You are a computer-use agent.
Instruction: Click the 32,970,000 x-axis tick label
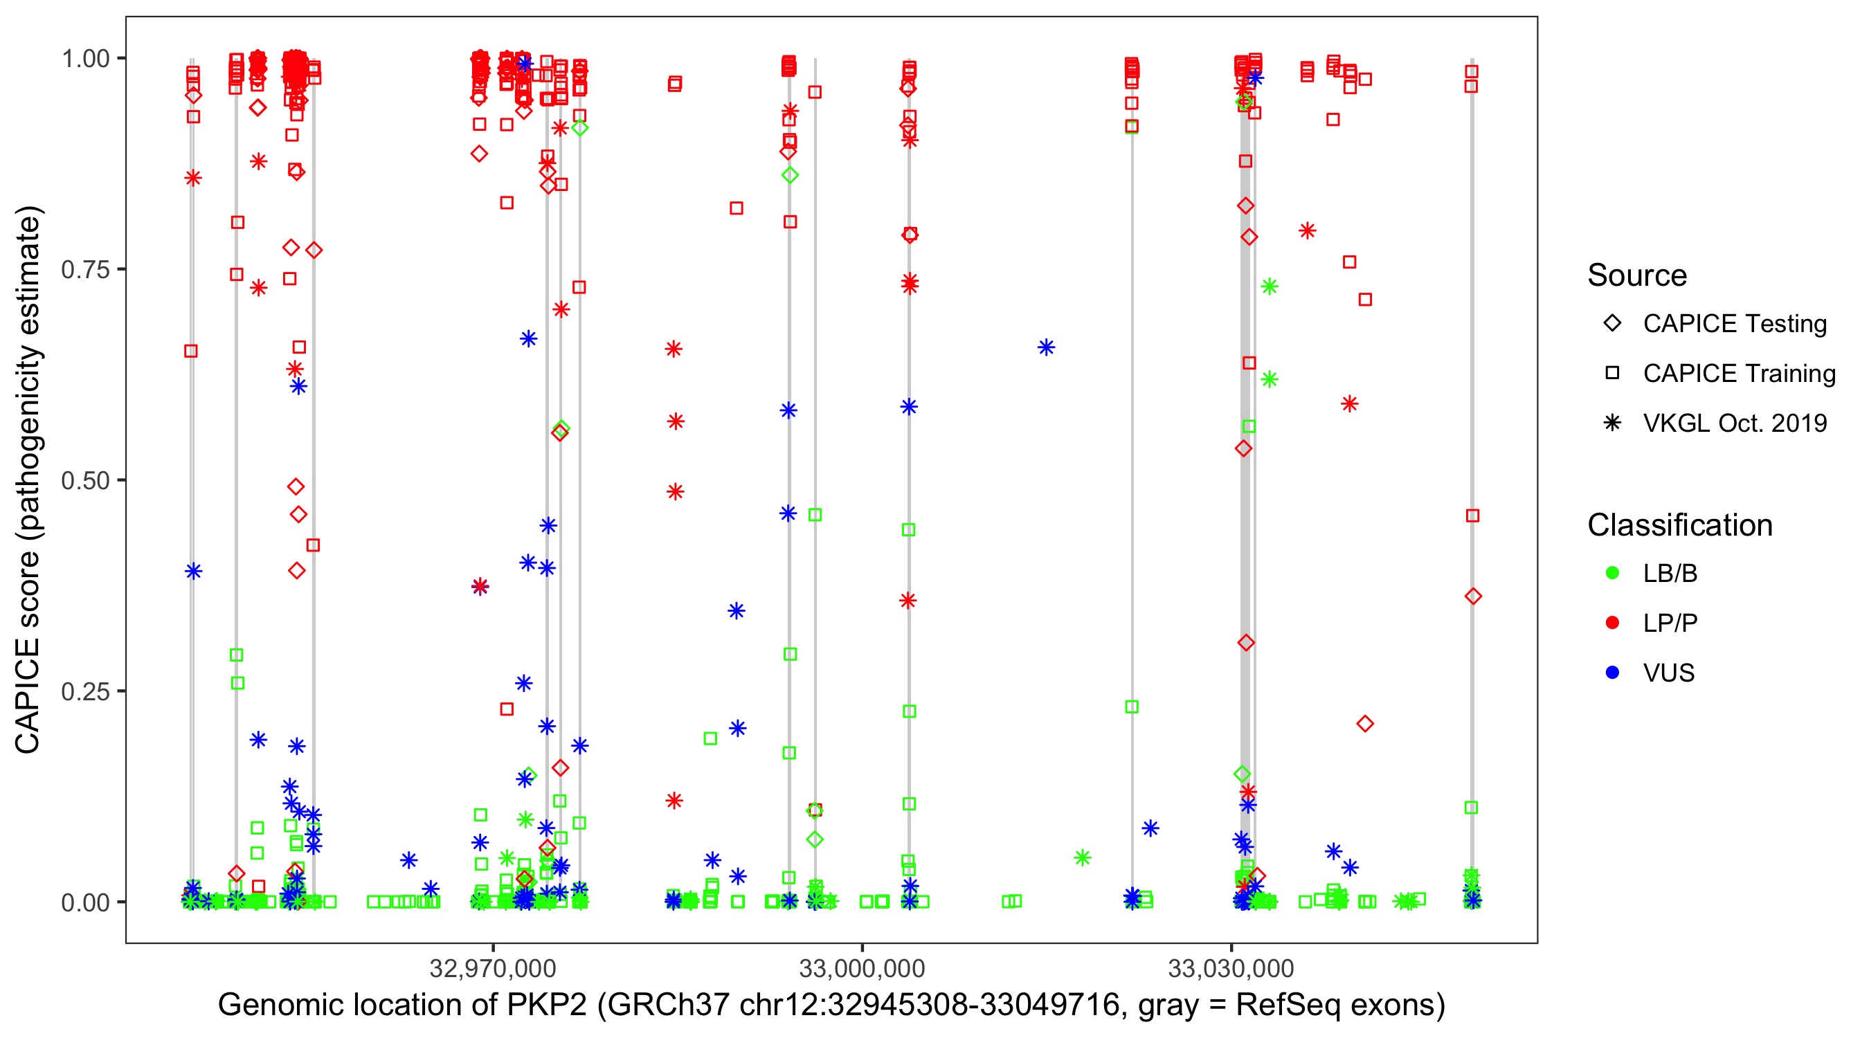[493, 968]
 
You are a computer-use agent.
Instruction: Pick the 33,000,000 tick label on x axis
[862, 968]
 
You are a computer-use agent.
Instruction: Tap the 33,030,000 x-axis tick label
[1231, 968]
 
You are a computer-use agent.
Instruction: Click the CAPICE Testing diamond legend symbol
[1612, 324]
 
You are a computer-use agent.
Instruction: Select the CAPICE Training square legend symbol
[1612, 374]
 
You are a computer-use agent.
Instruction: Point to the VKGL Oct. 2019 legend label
[1735, 424]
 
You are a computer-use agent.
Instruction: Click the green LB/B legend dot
[1612, 574]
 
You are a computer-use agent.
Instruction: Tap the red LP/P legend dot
[1612, 623]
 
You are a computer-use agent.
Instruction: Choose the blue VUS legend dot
[1612, 673]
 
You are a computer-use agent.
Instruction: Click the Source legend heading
[1637, 275]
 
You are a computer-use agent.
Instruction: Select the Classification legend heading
[1679, 525]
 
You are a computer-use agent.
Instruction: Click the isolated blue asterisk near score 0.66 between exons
[1045, 347]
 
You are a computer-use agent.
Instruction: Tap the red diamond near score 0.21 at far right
[1365, 724]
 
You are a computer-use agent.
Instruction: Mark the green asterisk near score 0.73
[1269, 286]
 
